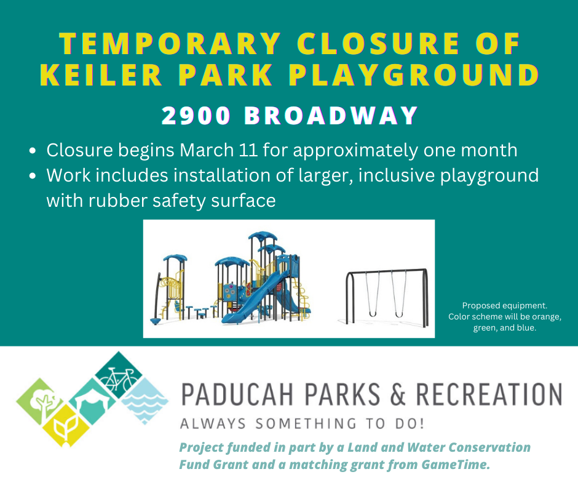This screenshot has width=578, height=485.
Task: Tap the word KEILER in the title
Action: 108,74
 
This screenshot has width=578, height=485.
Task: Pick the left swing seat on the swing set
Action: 372,314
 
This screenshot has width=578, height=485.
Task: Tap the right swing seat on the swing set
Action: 399,314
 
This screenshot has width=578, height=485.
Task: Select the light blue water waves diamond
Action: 144,401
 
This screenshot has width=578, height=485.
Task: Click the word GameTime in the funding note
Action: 459,465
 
